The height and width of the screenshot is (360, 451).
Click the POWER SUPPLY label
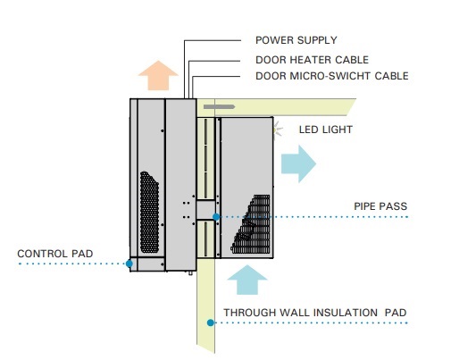[296, 40]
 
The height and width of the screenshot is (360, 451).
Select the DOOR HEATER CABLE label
[312, 60]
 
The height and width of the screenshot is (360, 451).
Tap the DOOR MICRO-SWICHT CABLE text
[332, 76]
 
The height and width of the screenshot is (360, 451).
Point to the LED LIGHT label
[326, 130]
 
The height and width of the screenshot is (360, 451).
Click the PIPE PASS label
[380, 206]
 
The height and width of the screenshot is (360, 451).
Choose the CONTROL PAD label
[55, 254]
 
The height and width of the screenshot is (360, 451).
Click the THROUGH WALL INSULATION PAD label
[315, 313]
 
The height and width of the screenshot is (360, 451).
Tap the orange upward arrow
[158, 75]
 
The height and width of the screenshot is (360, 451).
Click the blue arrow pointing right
[298, 163]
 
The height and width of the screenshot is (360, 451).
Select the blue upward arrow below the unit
[247, 280]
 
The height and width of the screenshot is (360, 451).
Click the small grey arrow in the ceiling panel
[220, 106]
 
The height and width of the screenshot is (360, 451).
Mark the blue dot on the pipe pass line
[216, 217]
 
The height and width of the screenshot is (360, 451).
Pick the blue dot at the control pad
[129, 264]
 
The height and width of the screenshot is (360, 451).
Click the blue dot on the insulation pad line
[211, 322]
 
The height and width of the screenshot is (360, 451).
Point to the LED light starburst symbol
[278, 130]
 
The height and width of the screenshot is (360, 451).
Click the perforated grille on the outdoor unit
[149, 213]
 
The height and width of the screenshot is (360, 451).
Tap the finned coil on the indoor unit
[253, 224]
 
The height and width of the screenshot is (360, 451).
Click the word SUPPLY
[315, 40]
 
